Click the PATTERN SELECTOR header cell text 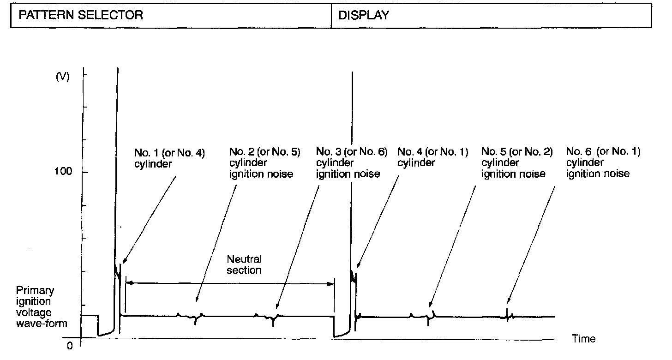point(81,15)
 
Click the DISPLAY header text point(364,15)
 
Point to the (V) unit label point(62,77)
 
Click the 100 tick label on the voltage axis point(63,172)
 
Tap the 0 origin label point(70,346)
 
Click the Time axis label point(583,339)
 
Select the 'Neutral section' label point(244,264)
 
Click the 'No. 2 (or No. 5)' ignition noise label point(264,163)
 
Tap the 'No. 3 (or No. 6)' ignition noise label point(351,163)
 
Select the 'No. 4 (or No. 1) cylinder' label point(432,157)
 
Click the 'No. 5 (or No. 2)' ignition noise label point(516,163)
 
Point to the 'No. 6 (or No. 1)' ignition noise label point(603,163)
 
